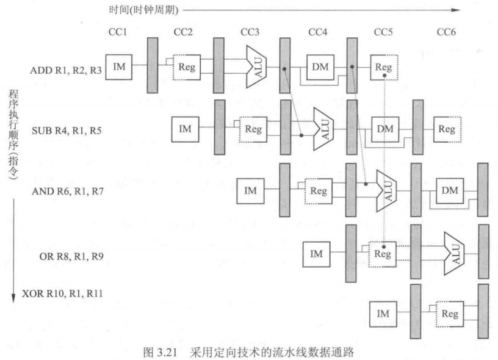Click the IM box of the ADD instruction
(120, 66)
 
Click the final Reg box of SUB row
(447, 129)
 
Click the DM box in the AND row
(449, 190)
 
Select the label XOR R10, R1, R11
(61, 294)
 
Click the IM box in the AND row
(251, 190)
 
